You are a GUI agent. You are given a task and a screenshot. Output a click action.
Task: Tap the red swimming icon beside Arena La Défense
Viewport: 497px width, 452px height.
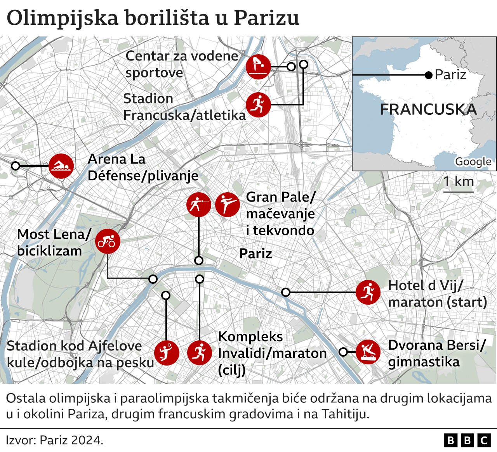coord(61,166)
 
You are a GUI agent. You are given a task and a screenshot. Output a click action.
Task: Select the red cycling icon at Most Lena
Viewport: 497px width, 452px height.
coord(108,241)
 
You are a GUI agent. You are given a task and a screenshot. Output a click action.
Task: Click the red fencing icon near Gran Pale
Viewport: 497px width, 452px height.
coord(198,205)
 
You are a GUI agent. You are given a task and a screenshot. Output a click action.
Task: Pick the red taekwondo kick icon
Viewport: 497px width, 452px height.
coord(228,205)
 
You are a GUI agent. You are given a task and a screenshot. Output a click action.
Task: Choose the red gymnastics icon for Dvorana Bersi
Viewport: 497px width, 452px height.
coord(368,352)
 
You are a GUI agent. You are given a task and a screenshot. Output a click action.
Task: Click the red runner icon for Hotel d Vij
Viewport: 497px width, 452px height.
coord(368,292)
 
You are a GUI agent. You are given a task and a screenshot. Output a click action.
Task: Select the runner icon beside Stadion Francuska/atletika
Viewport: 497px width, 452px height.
coord(258,105)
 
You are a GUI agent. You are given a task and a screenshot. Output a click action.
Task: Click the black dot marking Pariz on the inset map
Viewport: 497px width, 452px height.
coord(429,75)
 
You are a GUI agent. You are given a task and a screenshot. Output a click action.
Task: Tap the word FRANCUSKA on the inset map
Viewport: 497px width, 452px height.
coord(428,109)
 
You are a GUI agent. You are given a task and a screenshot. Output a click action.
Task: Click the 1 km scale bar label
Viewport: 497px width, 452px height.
coord(459,181)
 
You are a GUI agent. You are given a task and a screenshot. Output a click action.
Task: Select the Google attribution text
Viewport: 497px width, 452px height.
coord(473,162)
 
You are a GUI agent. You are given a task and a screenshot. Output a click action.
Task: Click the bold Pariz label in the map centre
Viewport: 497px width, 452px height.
coord(255,254)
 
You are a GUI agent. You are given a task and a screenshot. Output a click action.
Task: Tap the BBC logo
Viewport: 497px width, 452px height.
coord(467,440)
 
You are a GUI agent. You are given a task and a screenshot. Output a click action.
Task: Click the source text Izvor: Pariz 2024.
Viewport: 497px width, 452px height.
coord(55,440)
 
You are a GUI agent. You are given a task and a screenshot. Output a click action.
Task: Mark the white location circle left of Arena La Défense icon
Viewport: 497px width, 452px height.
coord(16,166)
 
